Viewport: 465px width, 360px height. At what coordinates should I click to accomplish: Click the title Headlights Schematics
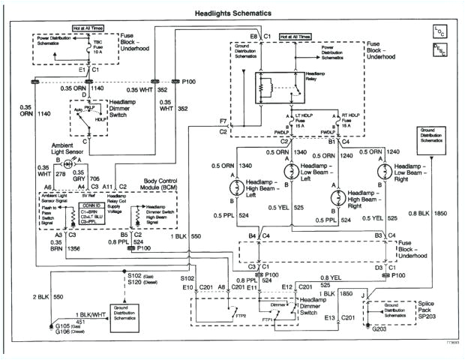[x=232, y=13]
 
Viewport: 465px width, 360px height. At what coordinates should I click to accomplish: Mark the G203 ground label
[x=382, y=327]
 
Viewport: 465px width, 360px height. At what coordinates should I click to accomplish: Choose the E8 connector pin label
[x=254, y=35]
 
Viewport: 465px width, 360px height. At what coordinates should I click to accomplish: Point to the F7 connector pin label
[x=223, y=121]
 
